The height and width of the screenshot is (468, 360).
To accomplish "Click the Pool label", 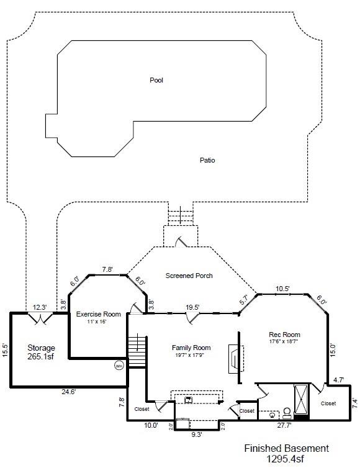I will pyautogui.click(x=156, y=80).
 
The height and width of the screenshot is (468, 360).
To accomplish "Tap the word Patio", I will pyautogui.click(x=207, y=160).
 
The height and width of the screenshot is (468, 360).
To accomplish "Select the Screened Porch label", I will pyautogui.click(x=189, y=276).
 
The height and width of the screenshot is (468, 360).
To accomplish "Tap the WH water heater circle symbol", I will pyautogui.click(x=119, y=366).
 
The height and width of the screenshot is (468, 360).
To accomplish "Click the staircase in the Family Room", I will pyautogui.click(x=137, y=351).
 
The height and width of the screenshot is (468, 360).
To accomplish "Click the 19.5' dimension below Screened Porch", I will pyautogui.click(x=193, y=307).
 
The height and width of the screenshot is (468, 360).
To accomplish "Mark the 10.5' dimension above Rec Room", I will pyautogui.click(x=283, y=289).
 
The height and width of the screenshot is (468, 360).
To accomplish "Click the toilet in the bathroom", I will pyautogui.click(x=287, y=412).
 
